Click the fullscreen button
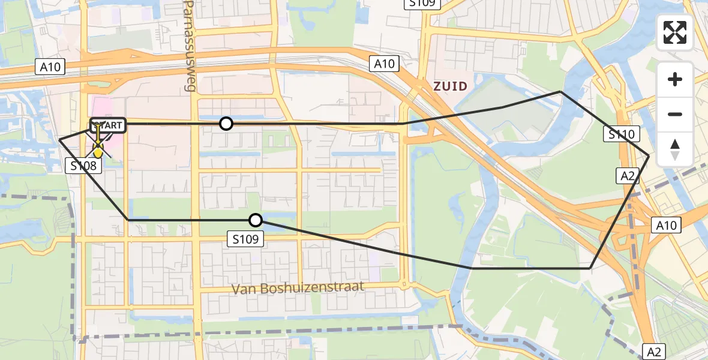675,32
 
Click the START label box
108,125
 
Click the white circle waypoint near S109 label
256,220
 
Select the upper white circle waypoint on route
226,124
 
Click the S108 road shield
83,165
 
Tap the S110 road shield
622,134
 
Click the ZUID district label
450,86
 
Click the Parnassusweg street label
190,46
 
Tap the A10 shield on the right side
666,226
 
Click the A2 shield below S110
626,176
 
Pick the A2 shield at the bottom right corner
655,351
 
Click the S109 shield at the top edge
422,4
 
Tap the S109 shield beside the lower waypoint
246,239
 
